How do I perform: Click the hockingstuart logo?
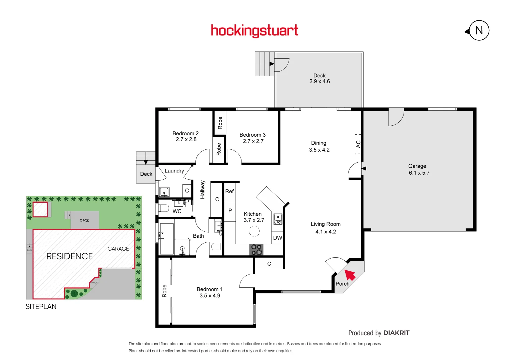pos(255,31)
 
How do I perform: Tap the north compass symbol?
pos(479,30)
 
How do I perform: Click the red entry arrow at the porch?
pos(350,275)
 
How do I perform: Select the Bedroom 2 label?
pos(185,133)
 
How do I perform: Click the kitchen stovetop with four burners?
pos(256,250)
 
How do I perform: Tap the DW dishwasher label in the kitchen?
pos(278,238)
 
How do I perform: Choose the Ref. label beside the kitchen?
pos(230,191)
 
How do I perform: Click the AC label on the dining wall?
pos(358,144)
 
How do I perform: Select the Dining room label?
pos(319,143)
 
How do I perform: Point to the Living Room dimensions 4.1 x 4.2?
pos(326,232)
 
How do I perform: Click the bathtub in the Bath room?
pos(166,239)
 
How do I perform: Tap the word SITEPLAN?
pos(41,307)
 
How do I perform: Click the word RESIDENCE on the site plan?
pos(69,256)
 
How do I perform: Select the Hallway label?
pos(202,190)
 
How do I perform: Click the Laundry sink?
pos(164,192)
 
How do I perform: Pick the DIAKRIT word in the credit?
pos(396,333)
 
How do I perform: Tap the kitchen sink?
pos(278,219)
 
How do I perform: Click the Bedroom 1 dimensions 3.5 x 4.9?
pos(210,296)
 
